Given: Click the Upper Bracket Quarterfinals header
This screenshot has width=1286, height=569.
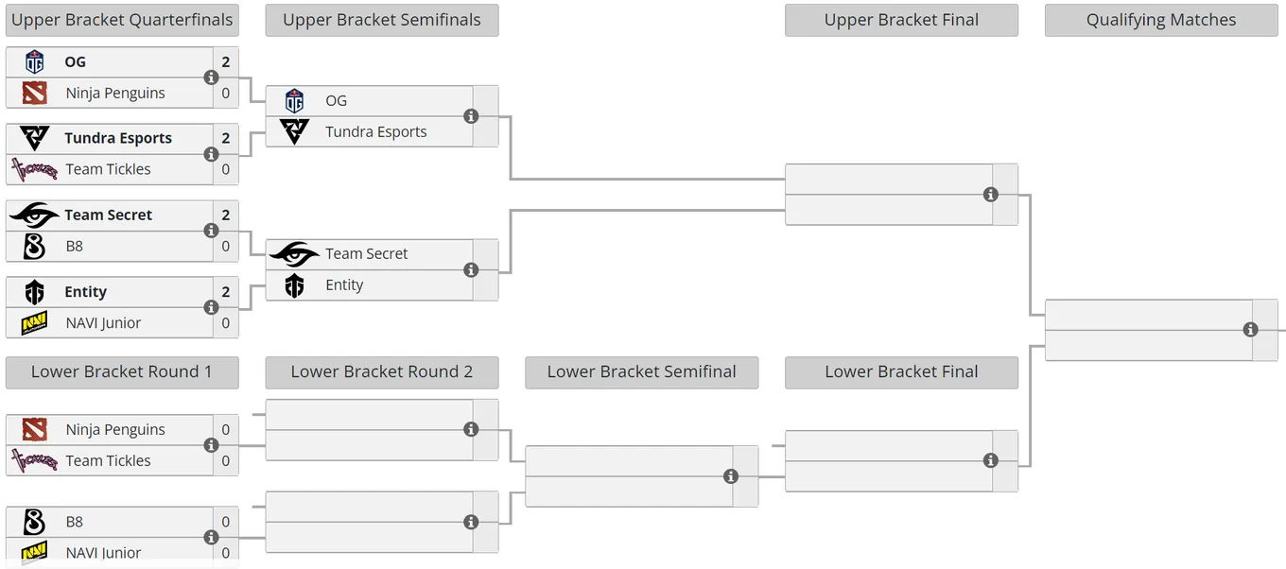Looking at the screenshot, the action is pyautogui.click(x=122, y=20).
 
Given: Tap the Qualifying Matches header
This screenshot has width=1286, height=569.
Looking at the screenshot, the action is pyautogui.click(x=1161, y=20).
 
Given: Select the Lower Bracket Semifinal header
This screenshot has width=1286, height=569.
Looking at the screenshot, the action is pyautogui.click(x=641, y=372).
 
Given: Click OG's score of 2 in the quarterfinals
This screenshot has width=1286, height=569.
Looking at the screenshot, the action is pyautogui.click(x=226, y=62).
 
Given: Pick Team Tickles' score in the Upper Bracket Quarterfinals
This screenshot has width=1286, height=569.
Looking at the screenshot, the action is pyautogui.click(x=226, y=170).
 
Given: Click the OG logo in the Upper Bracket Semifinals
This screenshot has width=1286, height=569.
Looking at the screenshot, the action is pyautogui.click(x=294, y=101).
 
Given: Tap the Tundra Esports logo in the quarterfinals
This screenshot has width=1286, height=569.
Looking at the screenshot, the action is pyautogui.click(x=34, y=138).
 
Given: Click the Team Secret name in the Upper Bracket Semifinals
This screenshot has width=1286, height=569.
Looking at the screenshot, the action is pyautogui.click(x=366, y=253).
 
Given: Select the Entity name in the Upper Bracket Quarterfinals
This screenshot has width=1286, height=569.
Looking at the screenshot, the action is pyautogui.click(x=85, y=292).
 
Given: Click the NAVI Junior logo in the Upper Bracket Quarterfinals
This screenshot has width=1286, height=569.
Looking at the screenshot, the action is pyautogui.click(x=34, y=323).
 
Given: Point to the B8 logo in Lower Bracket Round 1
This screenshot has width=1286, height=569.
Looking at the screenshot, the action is pyautogui.click(x=34, y=522).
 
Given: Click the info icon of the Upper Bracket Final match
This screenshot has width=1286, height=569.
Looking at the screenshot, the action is pyautogui.click(x=990, y=195).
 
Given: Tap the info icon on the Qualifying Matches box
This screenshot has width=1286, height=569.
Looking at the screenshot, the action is pyautogui.click(x=1250, y=330).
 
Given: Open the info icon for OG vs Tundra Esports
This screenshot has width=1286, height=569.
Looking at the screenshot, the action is pyautogui.click(x=471, y=116).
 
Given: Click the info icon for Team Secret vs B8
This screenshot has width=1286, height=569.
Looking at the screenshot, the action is pyautogui.click(x=211, y=231).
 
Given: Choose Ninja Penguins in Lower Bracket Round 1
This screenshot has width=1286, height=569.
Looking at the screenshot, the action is pyautogui.click(x=115, y=430).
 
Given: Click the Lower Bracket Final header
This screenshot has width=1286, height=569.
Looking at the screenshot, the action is pyautogui.click(x=901, y=372).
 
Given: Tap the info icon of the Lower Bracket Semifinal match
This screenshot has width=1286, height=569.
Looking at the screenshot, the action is pyautogui.click(x=731, y=476).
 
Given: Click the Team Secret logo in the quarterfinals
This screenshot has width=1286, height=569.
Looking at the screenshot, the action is pyautogui.click(x=34, y=216).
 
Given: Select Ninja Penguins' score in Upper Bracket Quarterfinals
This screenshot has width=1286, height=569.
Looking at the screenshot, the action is pyautogui.click(x=226, y=93).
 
